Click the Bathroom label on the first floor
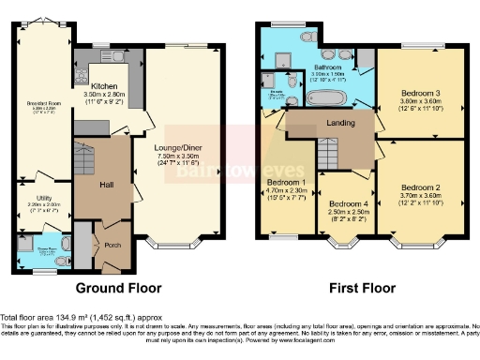[x=328, y=68]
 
